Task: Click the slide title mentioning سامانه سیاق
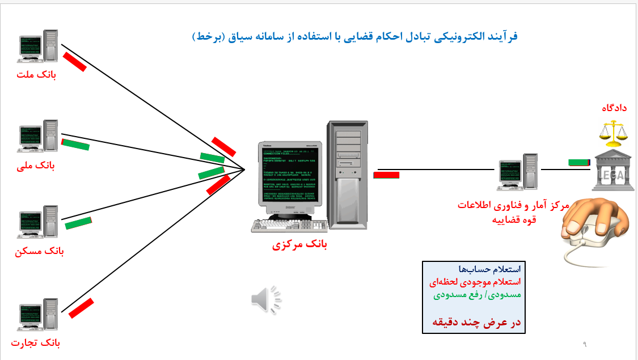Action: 355,37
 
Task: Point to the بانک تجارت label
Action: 36,342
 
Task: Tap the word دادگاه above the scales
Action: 615,108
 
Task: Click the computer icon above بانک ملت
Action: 38,46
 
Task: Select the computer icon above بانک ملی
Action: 38,137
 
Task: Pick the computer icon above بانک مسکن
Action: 38,222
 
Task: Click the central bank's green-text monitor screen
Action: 288,175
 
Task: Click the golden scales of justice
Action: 614,134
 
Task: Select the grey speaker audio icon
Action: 265,299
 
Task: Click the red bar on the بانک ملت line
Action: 75,62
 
